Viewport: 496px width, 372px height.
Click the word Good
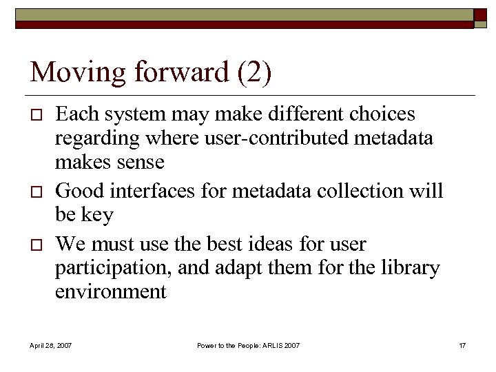(x=79, y=190)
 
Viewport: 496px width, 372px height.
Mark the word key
(x=99, y=214)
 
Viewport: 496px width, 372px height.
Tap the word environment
(x=111, y=291)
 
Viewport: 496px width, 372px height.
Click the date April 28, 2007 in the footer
(x=51, y=344)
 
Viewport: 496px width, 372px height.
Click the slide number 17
(x=462, y=344)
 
